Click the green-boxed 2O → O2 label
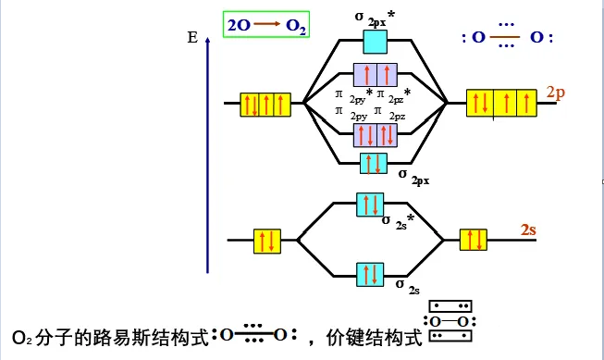click(x=265, y=25)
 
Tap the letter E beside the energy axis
click(x=191, y=38)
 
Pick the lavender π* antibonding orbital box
click(x=374, y=75)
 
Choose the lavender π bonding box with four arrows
click(x=374, y=135)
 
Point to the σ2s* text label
click(x=398, y=220)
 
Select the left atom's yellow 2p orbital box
click(x=266, y=104)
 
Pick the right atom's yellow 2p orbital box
click(x=501, y=102)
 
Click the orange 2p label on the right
click(x=556, y=93)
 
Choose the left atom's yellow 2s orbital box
click(x=266, y=241)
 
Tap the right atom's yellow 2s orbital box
click(x=473, y=240)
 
